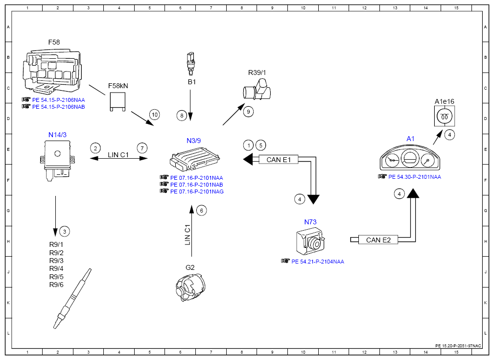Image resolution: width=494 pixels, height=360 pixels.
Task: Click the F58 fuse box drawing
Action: [x=52, y=71]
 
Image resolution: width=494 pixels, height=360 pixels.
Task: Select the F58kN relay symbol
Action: [x=118, y=101]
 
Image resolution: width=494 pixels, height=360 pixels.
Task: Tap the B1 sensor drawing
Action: [x=190, y=64]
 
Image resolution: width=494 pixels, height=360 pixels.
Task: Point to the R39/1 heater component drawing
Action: [x=257, y=90]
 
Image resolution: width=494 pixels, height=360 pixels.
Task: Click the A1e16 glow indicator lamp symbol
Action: [x=444, y=116]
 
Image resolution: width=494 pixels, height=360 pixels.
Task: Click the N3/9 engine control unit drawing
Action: [x=194, y=158]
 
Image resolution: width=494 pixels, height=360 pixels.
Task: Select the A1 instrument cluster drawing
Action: [x=410, y=158]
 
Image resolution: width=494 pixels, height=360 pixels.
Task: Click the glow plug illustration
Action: [x=72, y=298]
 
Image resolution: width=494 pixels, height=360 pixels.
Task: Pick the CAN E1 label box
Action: [x=279, y=160]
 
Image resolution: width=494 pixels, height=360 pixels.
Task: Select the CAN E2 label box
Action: [x=378, y=240]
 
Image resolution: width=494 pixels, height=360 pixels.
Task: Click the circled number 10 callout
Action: [x=154, y=115]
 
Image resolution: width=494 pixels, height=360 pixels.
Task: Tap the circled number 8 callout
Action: [x=182, y=116]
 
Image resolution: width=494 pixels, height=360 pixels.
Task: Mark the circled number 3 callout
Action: [x=65, y=232]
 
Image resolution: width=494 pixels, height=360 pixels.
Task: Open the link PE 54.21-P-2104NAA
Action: [x=318, y=262]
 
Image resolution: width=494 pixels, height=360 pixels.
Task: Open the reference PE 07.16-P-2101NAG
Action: [x=197, y=192]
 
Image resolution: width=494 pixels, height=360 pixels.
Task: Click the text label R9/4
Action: [x=56, y=268]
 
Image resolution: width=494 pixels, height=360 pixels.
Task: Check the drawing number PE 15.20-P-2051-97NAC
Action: [x=458, y=346]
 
